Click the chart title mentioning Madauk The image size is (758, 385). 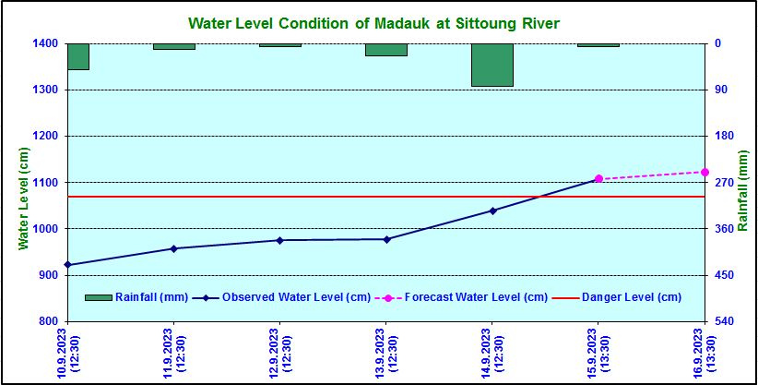(373, 21)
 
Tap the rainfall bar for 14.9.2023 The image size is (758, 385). (492, 65)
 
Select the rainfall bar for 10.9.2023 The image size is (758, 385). (77, 56)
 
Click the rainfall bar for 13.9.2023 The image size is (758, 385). (385, 50)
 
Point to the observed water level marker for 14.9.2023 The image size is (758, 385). (492, 211)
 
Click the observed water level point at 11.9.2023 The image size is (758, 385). (173, 248)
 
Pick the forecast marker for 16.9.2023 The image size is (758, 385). (705, 172)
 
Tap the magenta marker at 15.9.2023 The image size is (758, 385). (598, 178)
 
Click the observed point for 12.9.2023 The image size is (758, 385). (279, 240)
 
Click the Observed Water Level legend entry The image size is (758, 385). (281, 297)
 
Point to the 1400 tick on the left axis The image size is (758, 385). (48, 43)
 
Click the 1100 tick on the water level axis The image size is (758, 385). (48, 183)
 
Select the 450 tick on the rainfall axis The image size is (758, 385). (723, 275)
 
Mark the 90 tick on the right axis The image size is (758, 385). (720, 90)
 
